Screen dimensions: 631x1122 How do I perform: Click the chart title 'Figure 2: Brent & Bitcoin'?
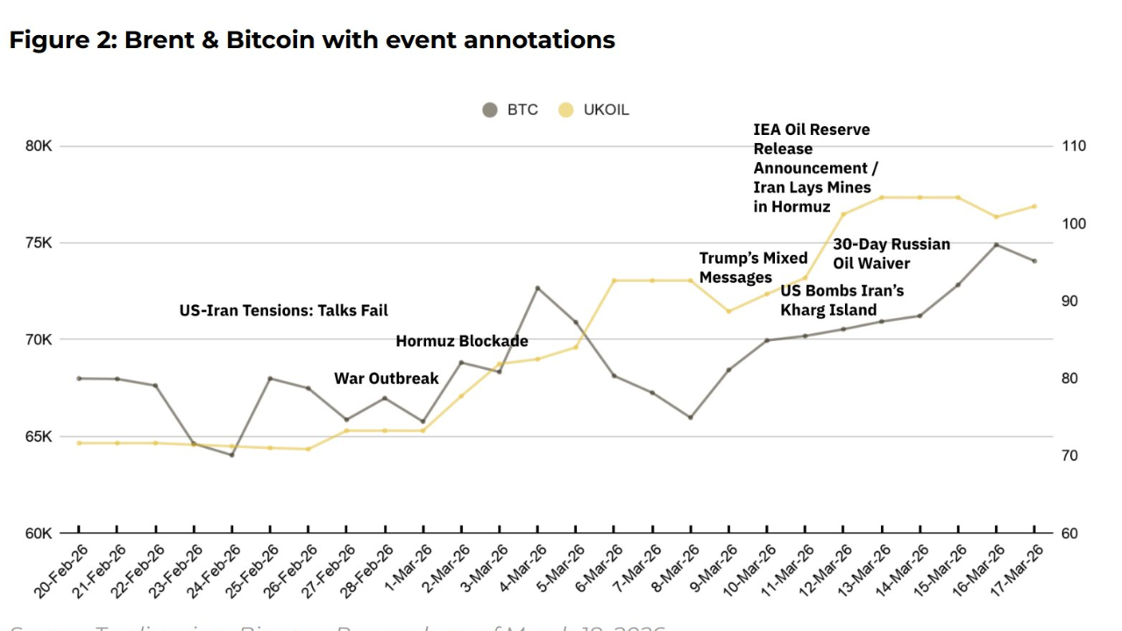(312, 40)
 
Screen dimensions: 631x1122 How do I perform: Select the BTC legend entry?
(510, 110)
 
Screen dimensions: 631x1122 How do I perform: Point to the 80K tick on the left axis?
(39, 146)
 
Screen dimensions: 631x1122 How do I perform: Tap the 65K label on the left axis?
(39, 436)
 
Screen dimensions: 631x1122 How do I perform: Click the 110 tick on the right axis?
(1073, 146)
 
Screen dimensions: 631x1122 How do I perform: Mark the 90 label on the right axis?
(1069, 301)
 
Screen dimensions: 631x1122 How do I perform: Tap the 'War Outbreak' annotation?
(386, 379)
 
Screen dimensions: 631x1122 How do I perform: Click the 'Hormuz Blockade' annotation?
(462, 341)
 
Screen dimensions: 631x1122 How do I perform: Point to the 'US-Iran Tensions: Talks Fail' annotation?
(283, 310)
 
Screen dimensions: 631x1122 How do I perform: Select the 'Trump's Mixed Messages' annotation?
(753, 267)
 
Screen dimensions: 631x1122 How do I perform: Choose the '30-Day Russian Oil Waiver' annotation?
(891, 253)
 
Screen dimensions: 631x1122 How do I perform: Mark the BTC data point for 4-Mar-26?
(538, 287)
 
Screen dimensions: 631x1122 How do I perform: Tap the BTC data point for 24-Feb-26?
(232, 455)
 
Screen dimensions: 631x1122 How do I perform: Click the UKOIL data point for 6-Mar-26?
(614, 280)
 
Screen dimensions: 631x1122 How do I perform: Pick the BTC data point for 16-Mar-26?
(996, 245)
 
